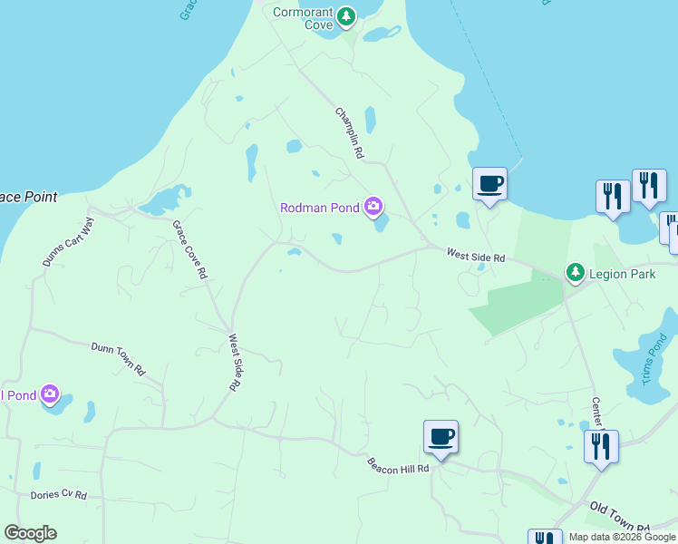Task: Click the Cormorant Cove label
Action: tap(304, 18)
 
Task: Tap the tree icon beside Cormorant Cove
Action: tap(345, 17)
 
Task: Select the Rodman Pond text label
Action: tap(320, 208)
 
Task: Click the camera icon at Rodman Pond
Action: tap(373, 208)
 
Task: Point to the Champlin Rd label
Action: tap(349, 133)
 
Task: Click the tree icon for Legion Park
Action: tap(574, 272)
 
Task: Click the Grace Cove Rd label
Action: tap(190, 248)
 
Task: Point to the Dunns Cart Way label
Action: tap(68, 242)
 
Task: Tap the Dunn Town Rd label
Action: tap(118, 358)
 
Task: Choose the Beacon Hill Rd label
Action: tap(397, 464)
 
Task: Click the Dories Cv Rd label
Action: tap(58, 495)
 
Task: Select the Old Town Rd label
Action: tap(619, 517)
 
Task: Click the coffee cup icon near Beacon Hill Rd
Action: tap(441, 437)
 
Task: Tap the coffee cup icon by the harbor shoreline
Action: tap(489, 184)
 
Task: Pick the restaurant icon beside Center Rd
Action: tap(601, 447)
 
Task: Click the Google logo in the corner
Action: tap(30, 533)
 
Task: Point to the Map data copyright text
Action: tap(622, 537)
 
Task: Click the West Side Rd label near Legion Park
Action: tap(475, 257)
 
